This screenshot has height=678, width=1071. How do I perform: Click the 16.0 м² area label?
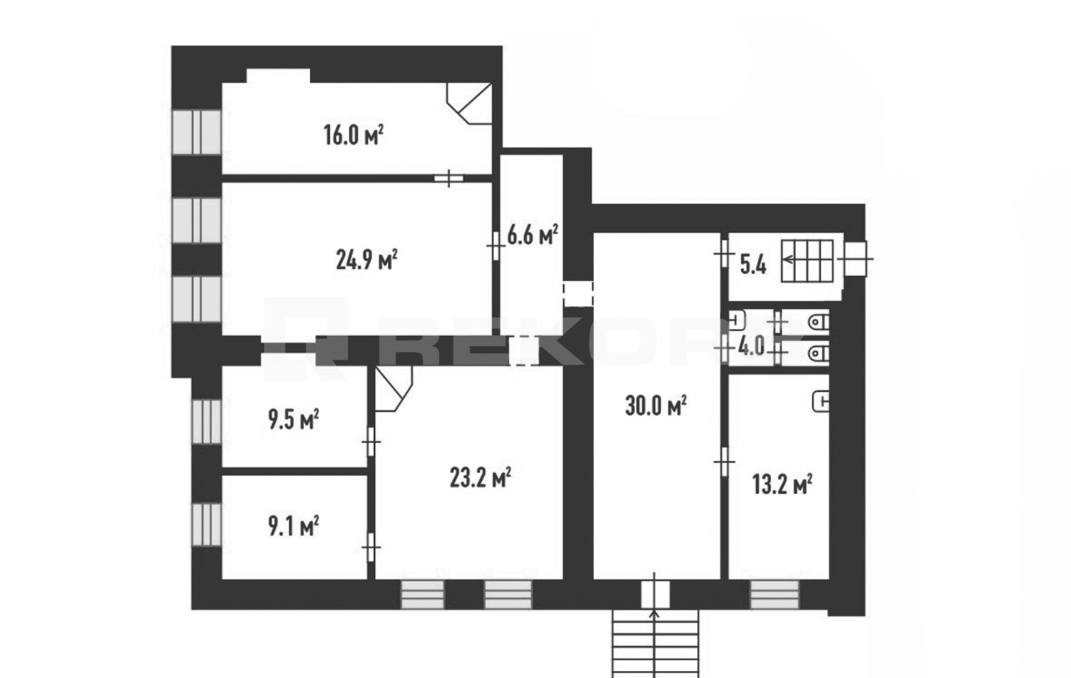[353, 135]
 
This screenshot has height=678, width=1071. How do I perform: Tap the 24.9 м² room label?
[367, 260]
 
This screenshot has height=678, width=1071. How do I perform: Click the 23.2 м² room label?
[481, 477]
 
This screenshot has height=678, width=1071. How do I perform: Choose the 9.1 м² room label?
[293, 526]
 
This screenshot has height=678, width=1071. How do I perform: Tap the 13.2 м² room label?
[783, 484]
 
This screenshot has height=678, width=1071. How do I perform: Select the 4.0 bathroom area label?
[752, 345]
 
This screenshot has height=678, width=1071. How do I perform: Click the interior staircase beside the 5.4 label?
[808, 261]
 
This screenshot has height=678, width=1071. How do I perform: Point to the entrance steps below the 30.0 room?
[655, 644]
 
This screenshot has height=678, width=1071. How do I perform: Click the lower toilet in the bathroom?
[818, 353]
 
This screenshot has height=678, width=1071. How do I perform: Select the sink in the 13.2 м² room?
[821, 401]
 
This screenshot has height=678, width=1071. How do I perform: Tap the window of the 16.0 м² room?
[196, 132]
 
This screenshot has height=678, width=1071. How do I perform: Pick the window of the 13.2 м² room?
[774, 594]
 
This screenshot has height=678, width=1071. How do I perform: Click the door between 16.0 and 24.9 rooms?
[448, 178]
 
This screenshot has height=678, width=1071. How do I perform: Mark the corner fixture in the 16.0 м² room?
[470, 103]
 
